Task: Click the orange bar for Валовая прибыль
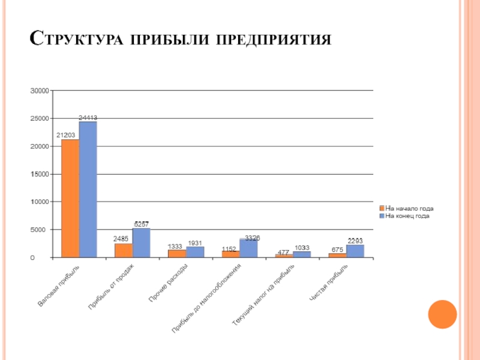pos(70,198)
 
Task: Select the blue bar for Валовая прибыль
pos(88,190)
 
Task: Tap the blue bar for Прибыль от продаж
pos(141,243)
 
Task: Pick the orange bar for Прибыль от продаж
pos(124,250)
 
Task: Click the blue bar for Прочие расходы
pos(194,252)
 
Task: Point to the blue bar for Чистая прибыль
pos(355,251)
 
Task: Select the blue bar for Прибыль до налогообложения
pos(248,248)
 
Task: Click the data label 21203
pos(65,135)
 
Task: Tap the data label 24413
pos(88,118)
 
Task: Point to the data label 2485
pos(121,239)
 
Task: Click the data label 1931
pos(195,243)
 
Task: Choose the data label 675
pos(337,250)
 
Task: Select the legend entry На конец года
pos(407,215)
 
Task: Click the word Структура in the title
pos(71,40)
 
